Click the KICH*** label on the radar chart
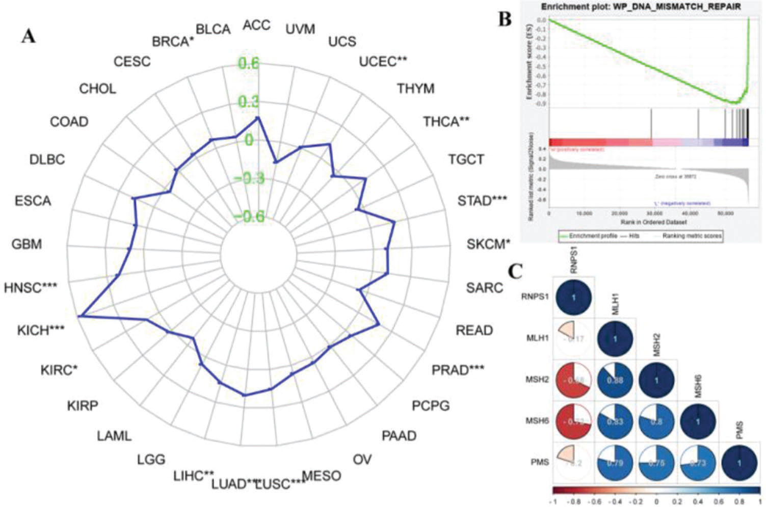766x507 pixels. point(41,330)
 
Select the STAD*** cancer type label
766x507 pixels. point(482,201)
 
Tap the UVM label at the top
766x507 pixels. point(300,29)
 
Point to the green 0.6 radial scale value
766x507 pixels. point(248,64)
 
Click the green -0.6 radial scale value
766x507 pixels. point(248,217)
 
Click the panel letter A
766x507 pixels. point(29,36)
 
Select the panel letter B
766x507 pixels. point(504,19)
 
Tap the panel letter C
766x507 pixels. point(515,272)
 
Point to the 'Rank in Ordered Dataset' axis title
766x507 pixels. point(653,222)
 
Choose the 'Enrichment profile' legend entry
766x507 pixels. point(592,236)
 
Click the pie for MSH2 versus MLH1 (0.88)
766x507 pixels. point(615,380)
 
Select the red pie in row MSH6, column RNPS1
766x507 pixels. point(573,421)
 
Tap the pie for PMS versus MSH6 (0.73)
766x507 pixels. point(698,463)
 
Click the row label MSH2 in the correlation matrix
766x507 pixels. point(537,380)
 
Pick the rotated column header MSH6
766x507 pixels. point(698,385)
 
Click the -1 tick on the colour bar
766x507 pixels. point(553,501)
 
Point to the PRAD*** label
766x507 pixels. point(458,370)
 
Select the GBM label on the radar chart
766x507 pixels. point(27,244)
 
